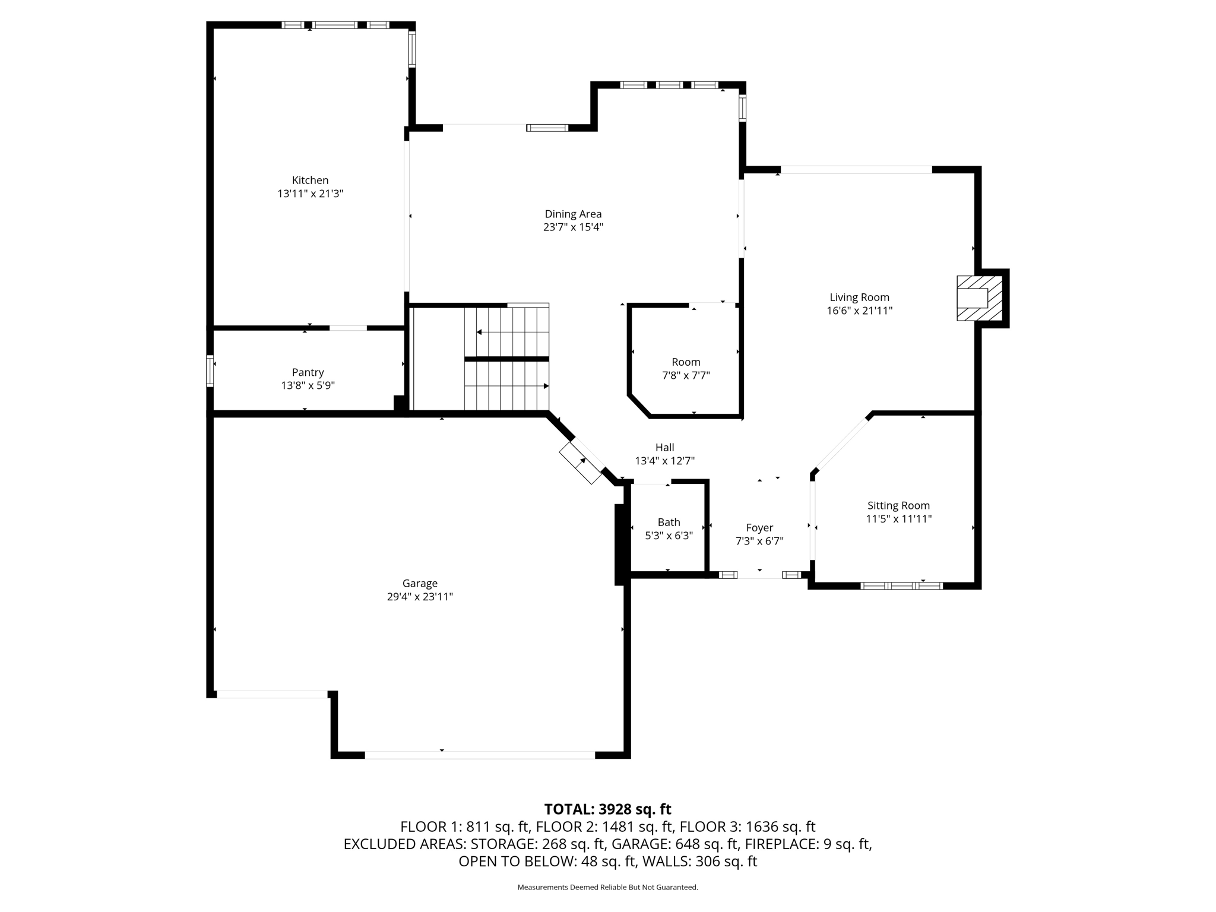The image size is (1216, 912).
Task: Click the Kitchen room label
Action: click(x=310, y=180)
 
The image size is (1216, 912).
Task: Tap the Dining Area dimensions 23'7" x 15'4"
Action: click(x=573, y=227)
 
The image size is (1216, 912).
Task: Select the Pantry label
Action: click(x=308, y=372)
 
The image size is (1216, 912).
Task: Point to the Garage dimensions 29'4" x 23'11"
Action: click(x=420, y=597)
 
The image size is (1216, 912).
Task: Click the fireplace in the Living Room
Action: click(x=980, y=298)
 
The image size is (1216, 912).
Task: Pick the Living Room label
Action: click(x=859, y=297)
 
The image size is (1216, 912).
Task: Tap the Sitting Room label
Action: click(x=898, y=505)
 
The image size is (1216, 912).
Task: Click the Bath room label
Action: click(x=669, y=522)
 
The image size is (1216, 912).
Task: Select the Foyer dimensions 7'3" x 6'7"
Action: click(x=759, y=541)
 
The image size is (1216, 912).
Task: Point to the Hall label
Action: click(x=664, y=447)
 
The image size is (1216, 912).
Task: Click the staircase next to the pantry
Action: click(x=506, y=359)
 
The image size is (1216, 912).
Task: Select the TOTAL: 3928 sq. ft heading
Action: click(x=607, y=809)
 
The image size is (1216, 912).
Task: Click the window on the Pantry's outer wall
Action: click(x=210, y=371)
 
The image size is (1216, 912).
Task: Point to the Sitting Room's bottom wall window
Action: click(x=901, y=585)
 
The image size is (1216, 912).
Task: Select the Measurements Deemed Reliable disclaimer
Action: click(x=607, y=887)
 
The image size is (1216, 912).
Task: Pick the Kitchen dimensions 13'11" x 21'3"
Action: click(x=310, y=194)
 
